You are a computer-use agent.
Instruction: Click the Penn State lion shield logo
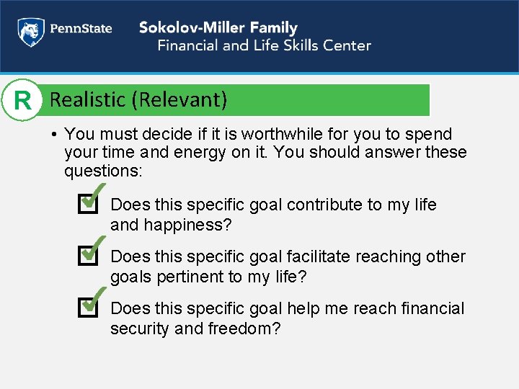point(30,31)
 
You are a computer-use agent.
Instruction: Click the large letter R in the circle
point(23,100)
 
